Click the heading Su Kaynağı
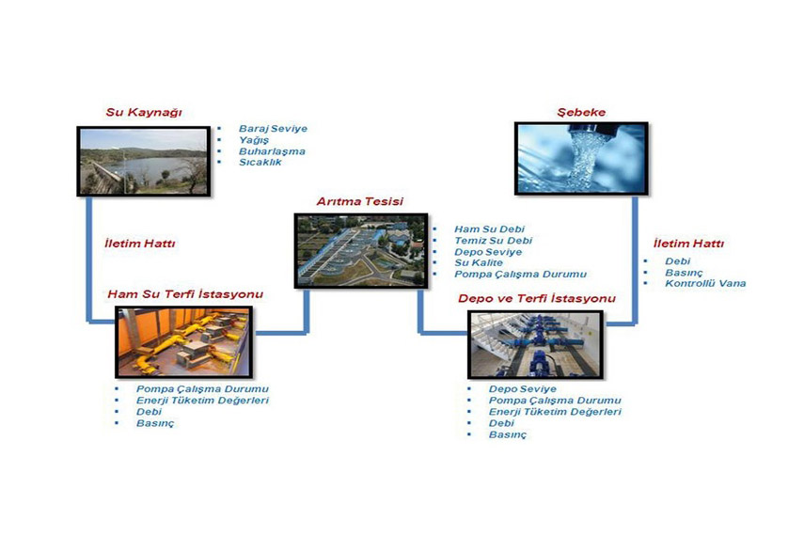144,112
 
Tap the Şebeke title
581,112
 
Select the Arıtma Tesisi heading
359,201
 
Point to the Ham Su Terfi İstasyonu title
185,294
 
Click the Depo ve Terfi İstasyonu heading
536,298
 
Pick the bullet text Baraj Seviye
273,128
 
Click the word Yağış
253,140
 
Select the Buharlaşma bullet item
272,151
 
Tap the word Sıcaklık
260,162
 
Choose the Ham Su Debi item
489,229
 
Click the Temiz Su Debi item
494,240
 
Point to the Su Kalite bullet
479,262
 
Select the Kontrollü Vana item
705,283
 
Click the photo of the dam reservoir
144,161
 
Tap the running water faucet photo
581,158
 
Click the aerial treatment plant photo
361,250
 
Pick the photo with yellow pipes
183,341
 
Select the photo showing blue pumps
535,344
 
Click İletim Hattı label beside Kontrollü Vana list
688,244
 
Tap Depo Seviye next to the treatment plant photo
488,252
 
